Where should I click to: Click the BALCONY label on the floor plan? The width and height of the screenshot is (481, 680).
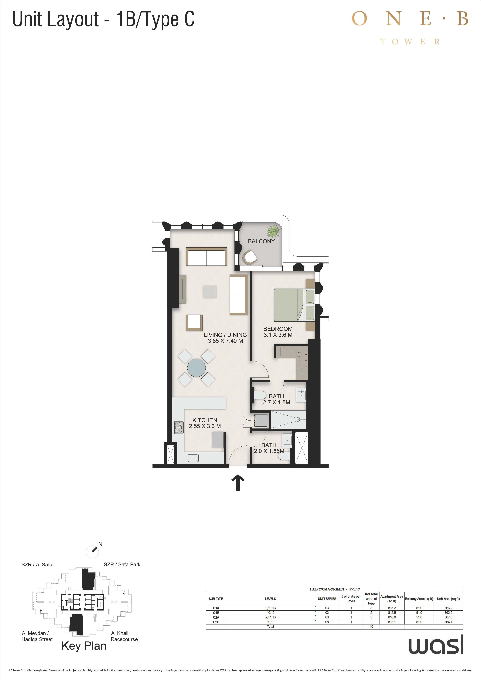click(261, 241)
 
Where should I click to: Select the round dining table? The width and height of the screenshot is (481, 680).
click(196, 368)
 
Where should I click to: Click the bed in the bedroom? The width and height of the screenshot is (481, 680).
click(294, 305)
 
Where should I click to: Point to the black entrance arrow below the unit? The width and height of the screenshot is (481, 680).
click(237, 483)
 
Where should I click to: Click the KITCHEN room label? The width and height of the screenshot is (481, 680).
click(205, 420)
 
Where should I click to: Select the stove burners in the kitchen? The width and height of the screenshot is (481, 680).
click(179, 427)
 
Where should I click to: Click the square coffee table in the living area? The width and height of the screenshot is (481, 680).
click(210, 292)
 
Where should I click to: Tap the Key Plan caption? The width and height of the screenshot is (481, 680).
click(84, 646)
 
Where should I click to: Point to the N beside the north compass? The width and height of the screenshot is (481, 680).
click(100, 544)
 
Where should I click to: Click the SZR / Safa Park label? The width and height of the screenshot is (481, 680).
click(122, 564)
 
